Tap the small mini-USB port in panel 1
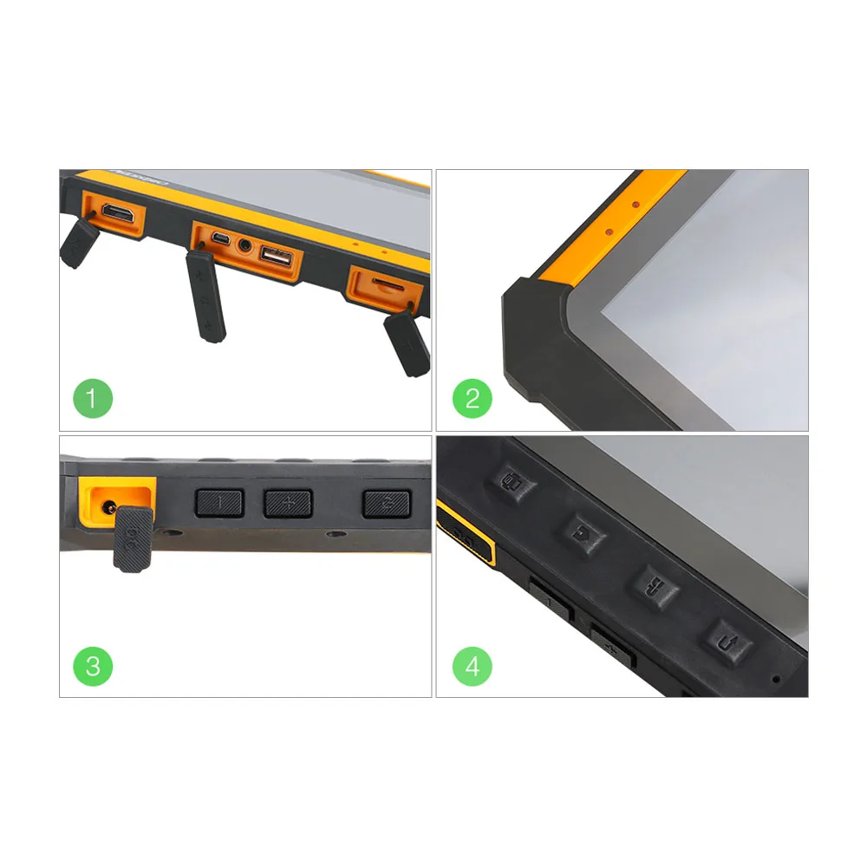click(x=222, y=239)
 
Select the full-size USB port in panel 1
click(x=276, y=256)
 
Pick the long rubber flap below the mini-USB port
click(x=206, y=295)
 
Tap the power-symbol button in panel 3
click(x=386, y=502)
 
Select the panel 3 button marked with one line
click(x=219, y=502)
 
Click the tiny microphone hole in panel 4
click(x=776, y=679)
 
